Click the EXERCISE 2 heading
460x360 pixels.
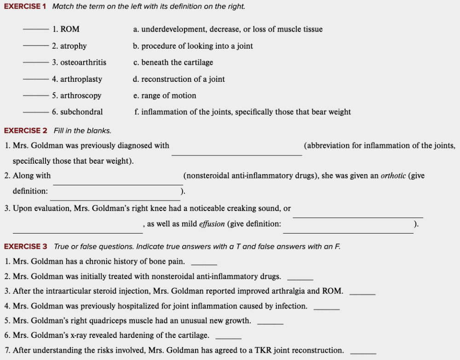tap(25, 131)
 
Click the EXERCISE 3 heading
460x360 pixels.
tap(25, 246)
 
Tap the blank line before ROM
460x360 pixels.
tap(36, 29)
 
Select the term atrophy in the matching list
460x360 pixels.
tap(73, 46)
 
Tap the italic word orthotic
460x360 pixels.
tap(393, 176)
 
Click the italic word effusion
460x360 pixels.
tap(212, 224)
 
